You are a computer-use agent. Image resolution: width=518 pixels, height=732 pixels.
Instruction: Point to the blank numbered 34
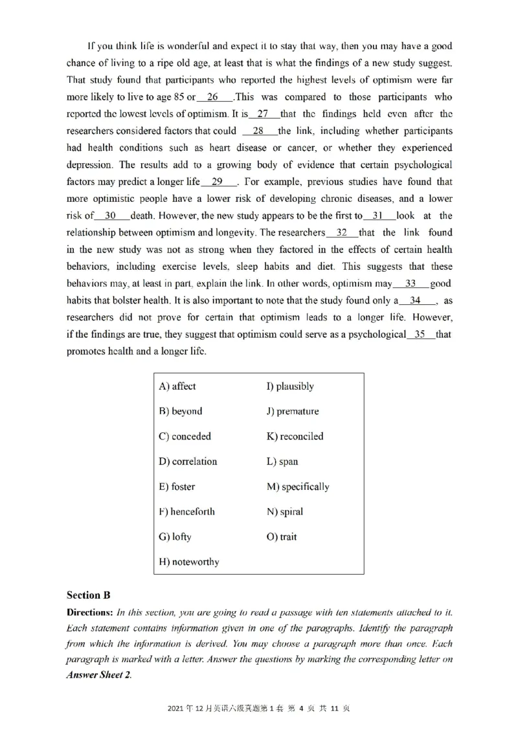[x=415, y=300]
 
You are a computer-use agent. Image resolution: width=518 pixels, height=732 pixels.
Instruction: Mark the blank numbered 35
[x=420, y=335]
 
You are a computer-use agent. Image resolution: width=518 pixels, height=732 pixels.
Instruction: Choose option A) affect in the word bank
[x=177, y=386]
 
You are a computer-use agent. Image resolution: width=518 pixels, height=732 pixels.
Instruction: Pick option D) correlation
[x=188, y=461]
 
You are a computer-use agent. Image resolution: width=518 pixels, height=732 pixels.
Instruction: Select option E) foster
[x=177, y=487]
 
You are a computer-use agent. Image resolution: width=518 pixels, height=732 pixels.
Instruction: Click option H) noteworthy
[x=189, y=562]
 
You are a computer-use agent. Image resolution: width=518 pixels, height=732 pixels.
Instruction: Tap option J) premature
[x=293, y=411]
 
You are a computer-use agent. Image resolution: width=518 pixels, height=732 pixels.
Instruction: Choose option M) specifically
[x=298, y=487]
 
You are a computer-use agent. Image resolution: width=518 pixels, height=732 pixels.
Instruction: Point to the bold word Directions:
[x=90, y=612]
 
